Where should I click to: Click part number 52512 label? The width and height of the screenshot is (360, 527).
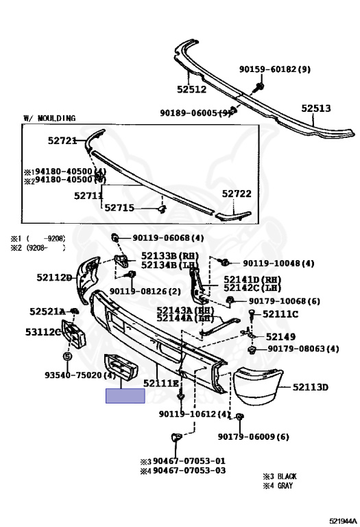192,89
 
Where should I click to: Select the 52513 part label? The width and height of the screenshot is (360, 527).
315,108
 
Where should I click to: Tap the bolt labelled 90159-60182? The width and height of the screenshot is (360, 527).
259,87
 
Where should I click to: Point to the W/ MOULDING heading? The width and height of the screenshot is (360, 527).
49,118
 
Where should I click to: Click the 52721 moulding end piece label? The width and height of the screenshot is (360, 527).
62,141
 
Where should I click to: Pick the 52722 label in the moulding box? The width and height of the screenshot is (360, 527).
237,194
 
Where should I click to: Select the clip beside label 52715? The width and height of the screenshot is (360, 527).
163,209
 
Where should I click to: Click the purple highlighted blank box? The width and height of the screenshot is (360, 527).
125,396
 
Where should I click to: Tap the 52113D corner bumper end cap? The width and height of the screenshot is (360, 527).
258,386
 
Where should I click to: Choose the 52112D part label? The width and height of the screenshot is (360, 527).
54,278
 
